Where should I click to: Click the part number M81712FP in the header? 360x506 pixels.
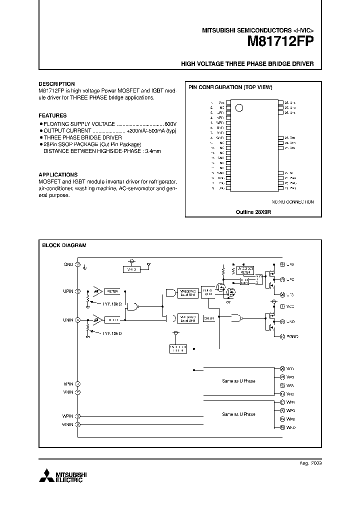[x=280, y=42]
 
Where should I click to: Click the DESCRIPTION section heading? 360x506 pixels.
[x=56, y=84]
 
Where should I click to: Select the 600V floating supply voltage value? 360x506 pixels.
[x=170, y=123]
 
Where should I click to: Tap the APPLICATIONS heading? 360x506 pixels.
[x=58, y=175]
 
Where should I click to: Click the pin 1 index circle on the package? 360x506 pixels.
[x=238, y=107]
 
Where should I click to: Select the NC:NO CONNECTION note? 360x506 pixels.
[x=292, y=202]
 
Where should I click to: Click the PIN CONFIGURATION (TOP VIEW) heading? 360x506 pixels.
[x=230, y=87]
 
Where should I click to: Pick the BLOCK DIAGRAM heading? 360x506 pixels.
[x=64, y=245]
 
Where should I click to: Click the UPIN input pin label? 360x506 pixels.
[x=68, y=290]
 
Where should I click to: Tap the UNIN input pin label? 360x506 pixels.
[x=68, y=319]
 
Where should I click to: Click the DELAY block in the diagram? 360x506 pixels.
[x=209, y=318]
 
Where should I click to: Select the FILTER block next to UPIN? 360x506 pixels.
[x=112, y=290]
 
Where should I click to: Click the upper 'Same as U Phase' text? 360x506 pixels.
[x=238, y=381]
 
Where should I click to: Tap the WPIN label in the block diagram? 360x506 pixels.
[x=68, y=416]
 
